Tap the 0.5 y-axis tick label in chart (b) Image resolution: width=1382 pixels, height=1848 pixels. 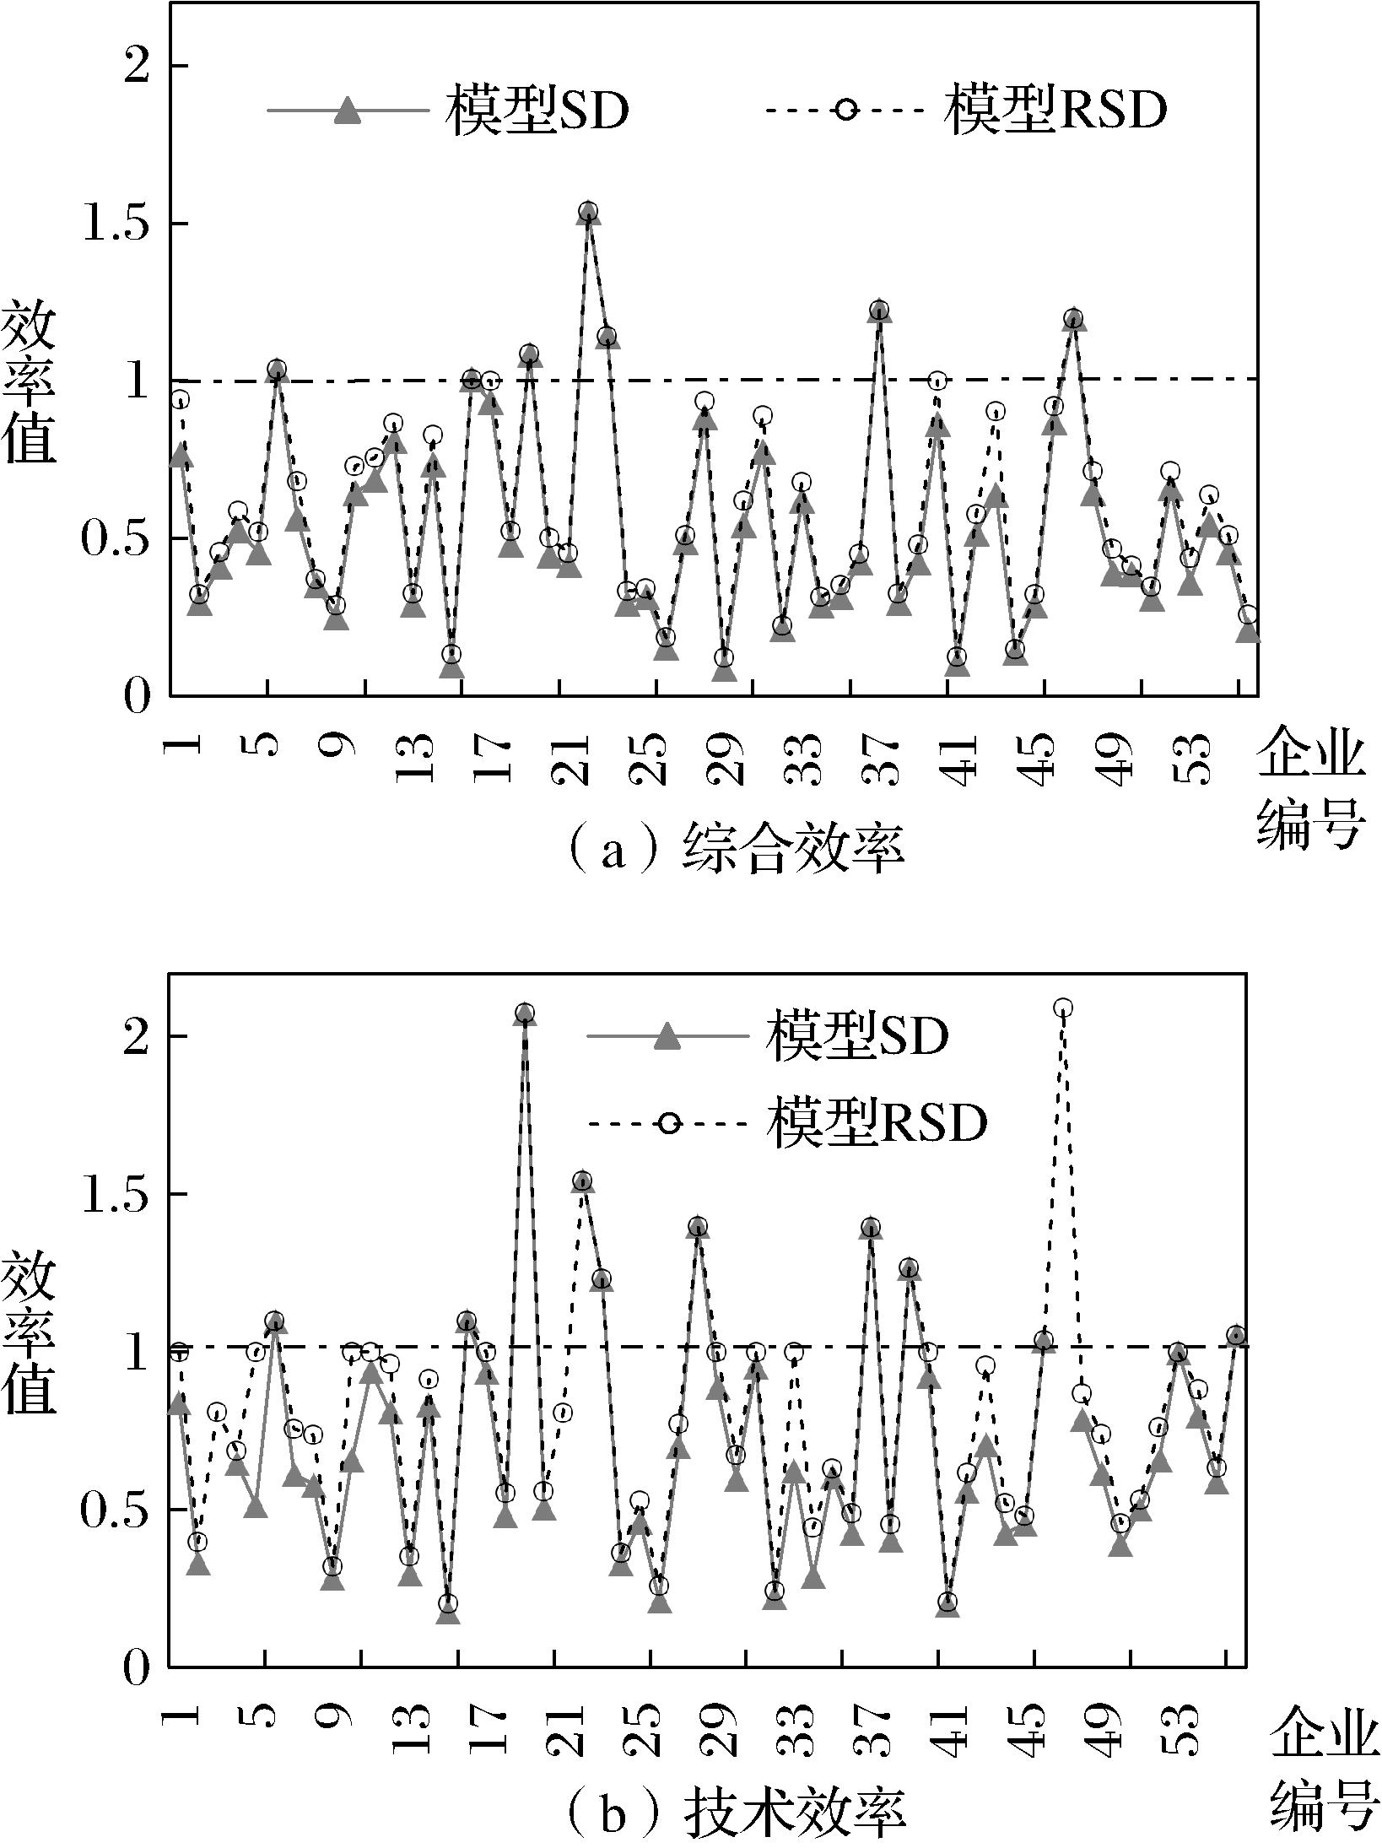114,1510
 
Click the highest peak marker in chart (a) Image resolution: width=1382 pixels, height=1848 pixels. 589,211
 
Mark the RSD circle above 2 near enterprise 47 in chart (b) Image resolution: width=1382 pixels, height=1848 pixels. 1063,1008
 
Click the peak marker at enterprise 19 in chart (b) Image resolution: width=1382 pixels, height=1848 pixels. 525,1013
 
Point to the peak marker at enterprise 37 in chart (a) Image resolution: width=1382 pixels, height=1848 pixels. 880,310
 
